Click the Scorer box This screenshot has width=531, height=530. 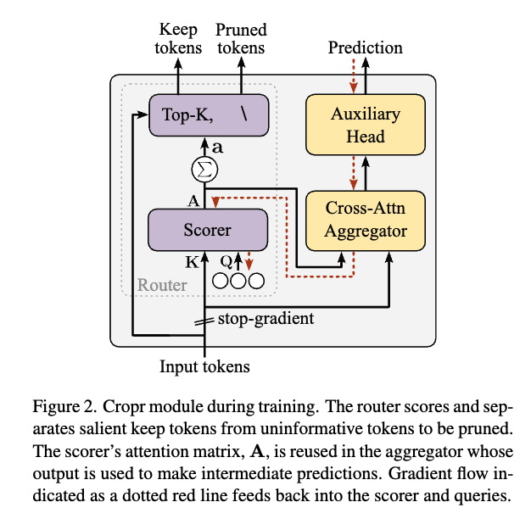pyautogui.click(x=208, y=229)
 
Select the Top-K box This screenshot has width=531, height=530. pyautogui.click(x=209, y=114)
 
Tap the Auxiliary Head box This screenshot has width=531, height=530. pyautogui.click(x=365, y=125)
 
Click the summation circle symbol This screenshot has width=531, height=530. pyautogui.click(x=203, y=170)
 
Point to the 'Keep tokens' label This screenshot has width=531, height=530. pyautogui.click(x=178, y=38)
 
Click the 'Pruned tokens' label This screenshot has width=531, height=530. pyautogui.click(x=240, y=38)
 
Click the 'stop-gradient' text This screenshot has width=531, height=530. pyautogui.click(x=265, y=319)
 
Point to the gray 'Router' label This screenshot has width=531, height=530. pyautogui.click(x=162, y=284)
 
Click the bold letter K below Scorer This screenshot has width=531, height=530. pyautogui.click(x=192, y=262)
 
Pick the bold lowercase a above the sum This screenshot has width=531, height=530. pyautogui.click(x=217, y=146)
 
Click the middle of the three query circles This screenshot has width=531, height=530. pyautogui.click(x=238, y=280)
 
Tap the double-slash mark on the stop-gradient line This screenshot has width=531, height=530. pyautogui.click(x=204, y=321)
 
